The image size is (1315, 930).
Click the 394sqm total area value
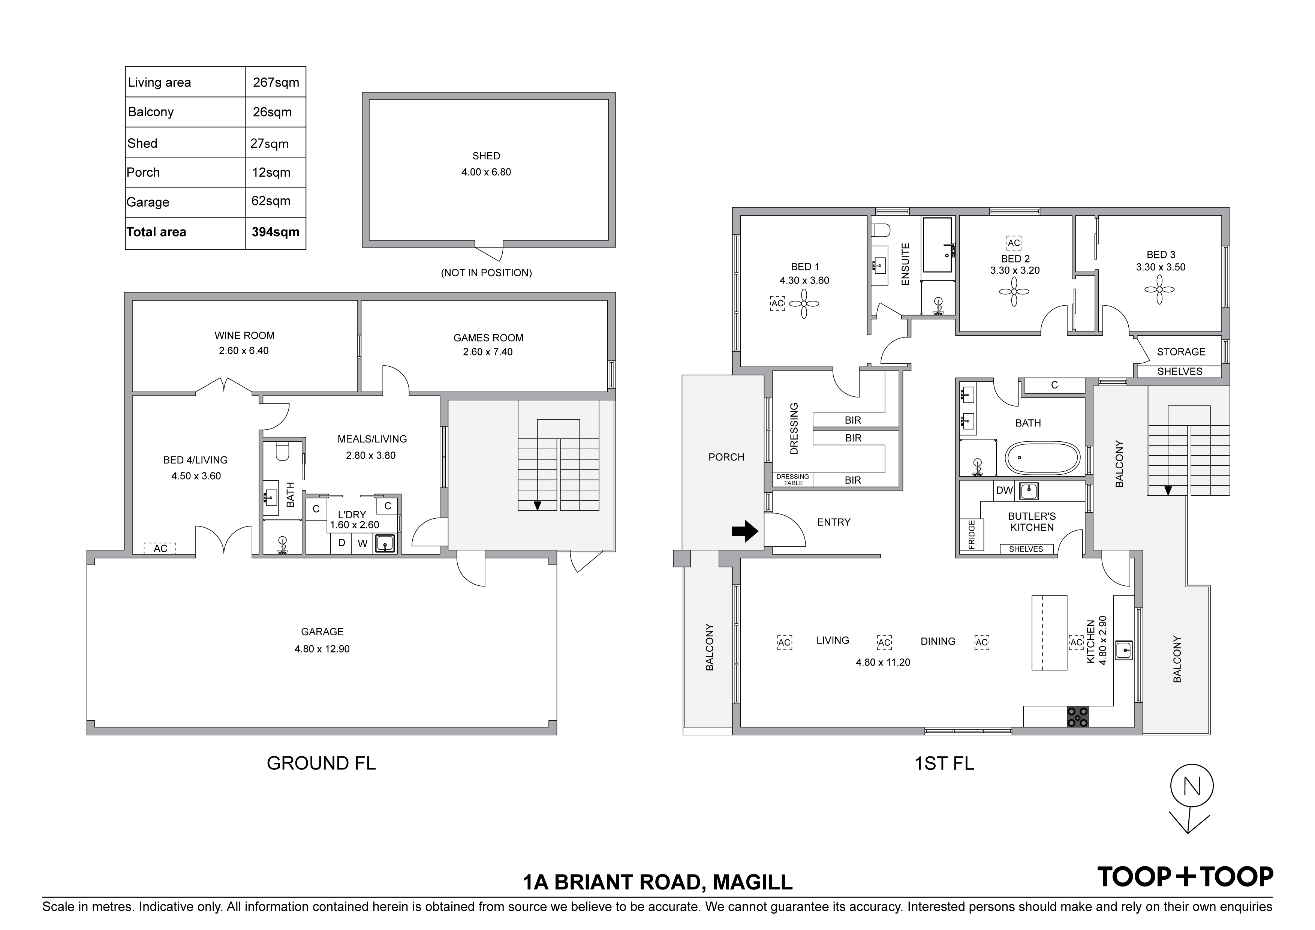pos(276,232)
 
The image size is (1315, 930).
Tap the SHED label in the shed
pos(486,156)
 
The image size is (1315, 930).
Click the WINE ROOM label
pos(244,336)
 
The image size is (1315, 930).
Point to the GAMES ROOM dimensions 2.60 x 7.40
pos(488,352)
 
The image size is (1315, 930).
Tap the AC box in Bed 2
pos(1014,243)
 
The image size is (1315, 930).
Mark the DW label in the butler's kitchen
pos(1005,490)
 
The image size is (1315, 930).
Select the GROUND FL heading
pos(321,763)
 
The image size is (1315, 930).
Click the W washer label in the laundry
pos(362,544)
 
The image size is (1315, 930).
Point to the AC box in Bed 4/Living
pos(160,548)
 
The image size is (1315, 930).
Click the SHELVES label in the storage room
pos(1180,371)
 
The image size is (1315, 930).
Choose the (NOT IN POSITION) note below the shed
pos(486,273)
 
